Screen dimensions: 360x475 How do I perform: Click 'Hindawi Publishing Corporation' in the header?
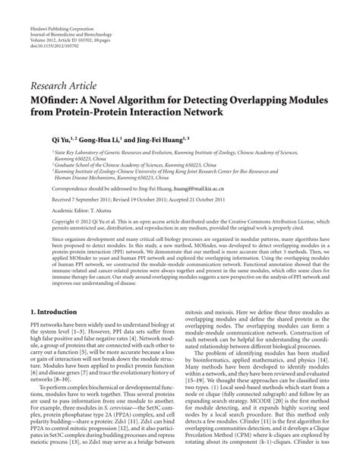click(57, 6)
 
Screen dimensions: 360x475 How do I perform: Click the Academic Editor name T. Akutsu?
click(112, 207)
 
